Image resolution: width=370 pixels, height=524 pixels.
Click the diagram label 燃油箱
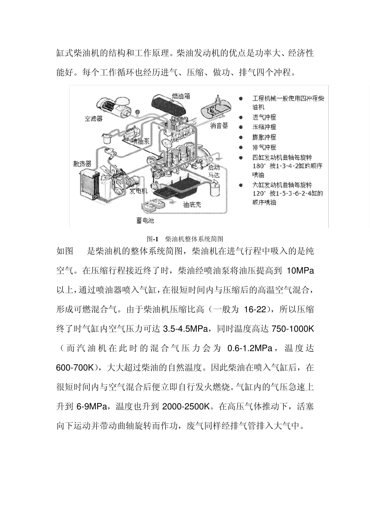(181, 96)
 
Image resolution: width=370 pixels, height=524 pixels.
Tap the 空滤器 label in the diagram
(93, 119)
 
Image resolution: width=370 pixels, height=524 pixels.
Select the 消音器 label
(219, 126)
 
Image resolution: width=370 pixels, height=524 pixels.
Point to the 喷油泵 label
(140, 141)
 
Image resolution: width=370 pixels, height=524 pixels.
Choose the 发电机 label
(138, 191)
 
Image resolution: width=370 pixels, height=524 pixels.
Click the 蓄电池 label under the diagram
(145, 221)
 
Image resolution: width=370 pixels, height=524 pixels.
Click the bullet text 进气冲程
(264, 117)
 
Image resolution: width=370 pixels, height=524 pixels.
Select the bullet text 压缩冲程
(264, 127)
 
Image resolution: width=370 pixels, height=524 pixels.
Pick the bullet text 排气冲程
(264, 147)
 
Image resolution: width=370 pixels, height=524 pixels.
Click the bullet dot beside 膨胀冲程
(241, 137)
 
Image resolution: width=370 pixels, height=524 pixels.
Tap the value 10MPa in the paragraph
(300, 271)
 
